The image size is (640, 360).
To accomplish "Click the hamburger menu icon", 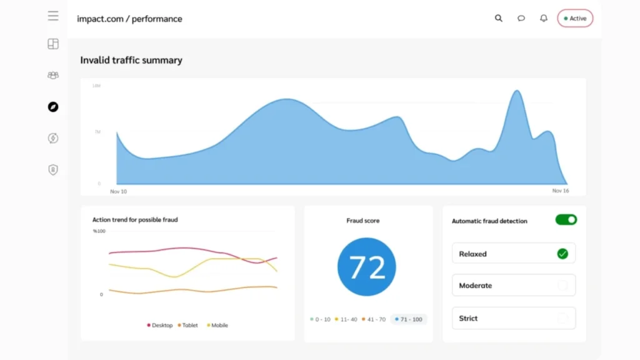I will coord(53,16).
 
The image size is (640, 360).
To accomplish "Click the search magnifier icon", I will coord(499,18).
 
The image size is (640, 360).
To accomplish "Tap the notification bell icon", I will coord(544,18).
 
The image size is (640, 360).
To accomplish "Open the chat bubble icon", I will coord(521,18).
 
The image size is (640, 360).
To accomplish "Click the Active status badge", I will coord(575,18).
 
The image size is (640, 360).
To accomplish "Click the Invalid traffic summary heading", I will coord(131,61).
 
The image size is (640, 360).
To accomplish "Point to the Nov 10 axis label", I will coord(118,191).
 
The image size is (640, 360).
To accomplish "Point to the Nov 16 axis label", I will coord(560,191).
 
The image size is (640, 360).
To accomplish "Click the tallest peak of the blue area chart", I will coord(517,92).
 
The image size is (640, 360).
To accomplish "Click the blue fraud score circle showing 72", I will coord(366,267).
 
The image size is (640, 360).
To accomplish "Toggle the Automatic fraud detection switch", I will coord(566,220).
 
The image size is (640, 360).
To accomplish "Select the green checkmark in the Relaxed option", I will coord(562,254).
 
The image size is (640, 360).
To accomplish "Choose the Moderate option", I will coord(513,285).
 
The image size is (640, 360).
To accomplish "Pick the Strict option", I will coord(513,318).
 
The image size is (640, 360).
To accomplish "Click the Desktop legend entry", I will coord(160,325).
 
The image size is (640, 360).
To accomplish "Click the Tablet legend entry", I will coord(188,325).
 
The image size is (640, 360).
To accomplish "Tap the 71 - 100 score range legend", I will coord(409,319).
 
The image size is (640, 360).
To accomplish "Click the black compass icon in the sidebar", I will coord(53,107).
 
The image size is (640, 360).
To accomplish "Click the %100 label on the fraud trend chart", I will coord(99,231).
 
